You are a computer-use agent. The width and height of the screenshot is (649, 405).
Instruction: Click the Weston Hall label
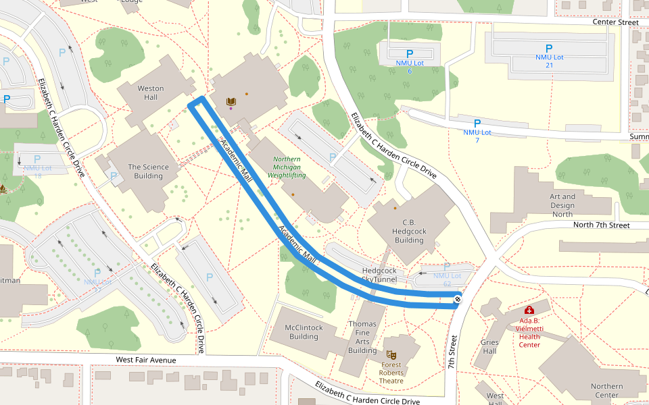pos(151,92)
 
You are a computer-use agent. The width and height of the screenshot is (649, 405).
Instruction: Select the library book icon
pos(231,102)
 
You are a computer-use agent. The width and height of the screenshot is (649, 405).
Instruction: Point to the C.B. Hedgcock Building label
pos(408,231)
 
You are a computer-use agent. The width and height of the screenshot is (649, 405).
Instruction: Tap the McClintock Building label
pos(304,331)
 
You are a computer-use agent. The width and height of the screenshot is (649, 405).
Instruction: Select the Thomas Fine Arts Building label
pos(362,337)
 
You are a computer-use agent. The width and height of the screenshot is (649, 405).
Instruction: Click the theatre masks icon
pos(391,354)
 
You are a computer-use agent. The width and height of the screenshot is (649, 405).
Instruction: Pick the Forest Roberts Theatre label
pos(391,373)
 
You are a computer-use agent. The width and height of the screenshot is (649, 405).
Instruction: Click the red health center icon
pos(529,310)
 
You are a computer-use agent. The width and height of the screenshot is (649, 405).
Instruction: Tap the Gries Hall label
pos(489,346)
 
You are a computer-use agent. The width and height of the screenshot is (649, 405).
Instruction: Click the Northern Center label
pos(606,391)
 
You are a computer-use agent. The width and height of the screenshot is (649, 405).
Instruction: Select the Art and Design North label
pos(562,205)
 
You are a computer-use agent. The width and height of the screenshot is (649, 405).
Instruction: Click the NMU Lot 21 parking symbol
pos(549,49)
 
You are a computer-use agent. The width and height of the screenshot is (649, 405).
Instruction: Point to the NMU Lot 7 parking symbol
pos(477,124)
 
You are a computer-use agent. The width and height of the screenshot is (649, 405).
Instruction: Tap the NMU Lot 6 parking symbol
pos(409,54)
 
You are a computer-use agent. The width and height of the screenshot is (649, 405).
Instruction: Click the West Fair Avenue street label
pos(145,360)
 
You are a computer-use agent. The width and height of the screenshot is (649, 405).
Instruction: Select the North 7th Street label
pos(601,225)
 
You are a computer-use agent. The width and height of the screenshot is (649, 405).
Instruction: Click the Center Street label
pos(615,22)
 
